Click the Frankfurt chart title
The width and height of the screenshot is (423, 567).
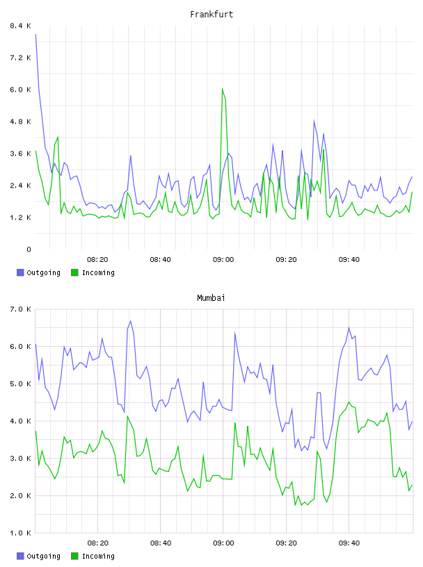click(211, 15)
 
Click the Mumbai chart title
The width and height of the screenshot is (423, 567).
click(211, 298)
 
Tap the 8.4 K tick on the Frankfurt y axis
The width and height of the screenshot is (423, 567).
click(21, 26)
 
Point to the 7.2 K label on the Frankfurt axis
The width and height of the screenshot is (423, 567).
click(21, 58)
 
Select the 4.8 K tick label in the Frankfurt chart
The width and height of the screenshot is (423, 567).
click(21, 122)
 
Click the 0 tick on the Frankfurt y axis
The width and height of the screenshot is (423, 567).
click(29, 249)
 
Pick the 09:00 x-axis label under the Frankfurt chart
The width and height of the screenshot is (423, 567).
click(223, 259)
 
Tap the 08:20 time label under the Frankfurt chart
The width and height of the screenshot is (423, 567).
click(97, 259)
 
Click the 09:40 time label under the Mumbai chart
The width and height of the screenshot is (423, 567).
click(349, 543)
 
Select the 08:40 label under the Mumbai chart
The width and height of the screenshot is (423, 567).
click(161, 543)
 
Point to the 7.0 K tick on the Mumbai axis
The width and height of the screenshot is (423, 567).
click(21, 309)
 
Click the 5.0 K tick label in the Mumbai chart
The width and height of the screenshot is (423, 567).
click(21, 384)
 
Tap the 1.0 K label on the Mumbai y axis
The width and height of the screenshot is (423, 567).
click(21, 533)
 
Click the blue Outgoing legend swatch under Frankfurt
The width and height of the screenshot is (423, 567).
click(20, 272)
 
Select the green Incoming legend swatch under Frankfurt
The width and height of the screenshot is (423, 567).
click(74, 272)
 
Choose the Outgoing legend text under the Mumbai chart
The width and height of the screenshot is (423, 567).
click(43, 556)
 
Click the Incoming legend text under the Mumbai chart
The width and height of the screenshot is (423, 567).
click(98, 556)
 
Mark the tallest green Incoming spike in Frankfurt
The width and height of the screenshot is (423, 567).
click(223, 89)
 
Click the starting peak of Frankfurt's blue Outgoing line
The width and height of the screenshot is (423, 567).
click(36, 34)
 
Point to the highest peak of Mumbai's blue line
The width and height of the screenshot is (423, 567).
click(130, 321)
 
